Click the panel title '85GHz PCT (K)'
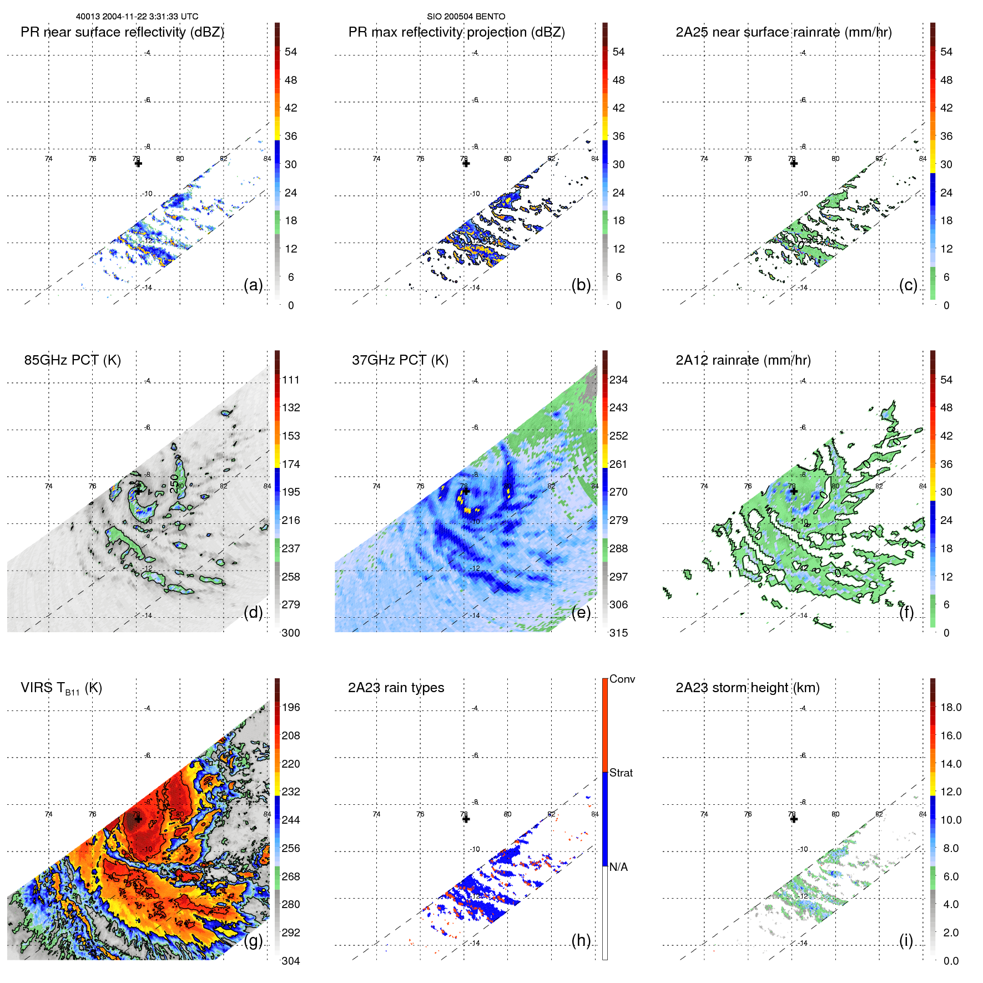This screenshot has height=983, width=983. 72,360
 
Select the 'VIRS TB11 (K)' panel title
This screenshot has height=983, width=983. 61,688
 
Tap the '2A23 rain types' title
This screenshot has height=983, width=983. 396,688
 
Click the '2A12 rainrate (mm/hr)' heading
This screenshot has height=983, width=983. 743,360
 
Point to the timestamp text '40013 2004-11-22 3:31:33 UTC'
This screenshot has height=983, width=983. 137,17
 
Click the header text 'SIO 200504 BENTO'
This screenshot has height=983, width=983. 466,17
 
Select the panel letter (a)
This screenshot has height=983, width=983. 253,285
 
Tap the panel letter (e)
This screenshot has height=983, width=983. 581,612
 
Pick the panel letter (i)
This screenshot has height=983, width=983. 906,940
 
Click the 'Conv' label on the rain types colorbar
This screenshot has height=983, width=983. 622,679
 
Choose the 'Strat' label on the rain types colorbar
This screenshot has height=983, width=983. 621,773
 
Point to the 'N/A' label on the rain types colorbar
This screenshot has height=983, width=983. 618,867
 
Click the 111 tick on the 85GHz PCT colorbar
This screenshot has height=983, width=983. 290,380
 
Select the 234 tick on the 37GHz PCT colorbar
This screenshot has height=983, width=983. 618,380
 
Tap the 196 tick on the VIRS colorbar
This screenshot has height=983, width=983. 290,707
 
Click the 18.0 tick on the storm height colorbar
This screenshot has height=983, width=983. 950,707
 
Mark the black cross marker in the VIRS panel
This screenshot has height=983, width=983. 138,819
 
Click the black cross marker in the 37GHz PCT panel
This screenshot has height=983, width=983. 466,491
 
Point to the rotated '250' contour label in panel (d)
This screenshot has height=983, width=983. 174,483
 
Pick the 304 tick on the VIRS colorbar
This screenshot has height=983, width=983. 290,961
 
